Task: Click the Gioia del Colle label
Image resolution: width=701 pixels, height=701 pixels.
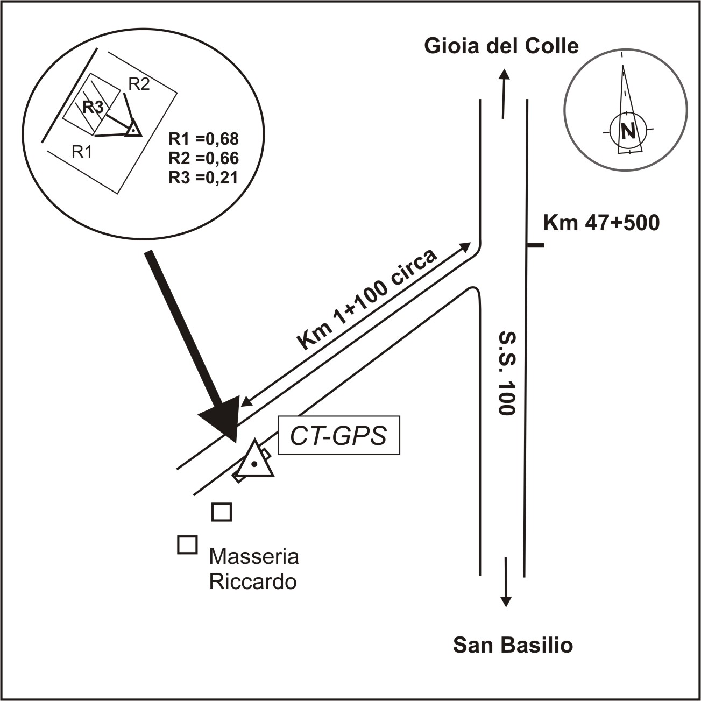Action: point(501,47)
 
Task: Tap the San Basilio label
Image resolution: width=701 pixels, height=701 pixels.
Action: point(513,645)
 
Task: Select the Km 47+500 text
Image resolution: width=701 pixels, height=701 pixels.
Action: point(601,223)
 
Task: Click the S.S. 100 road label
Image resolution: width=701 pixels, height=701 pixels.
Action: point(507,373)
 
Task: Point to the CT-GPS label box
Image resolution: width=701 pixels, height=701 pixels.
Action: point(339,435)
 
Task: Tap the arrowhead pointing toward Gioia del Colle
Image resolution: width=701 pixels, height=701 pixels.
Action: point(504,75)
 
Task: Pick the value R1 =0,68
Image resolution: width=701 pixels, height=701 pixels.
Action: point(203,139)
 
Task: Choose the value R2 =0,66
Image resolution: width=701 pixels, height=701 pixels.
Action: point(203,158)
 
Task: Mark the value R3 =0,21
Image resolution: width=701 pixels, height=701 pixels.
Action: point(203,178)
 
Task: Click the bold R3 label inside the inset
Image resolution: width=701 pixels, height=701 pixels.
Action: point(93,107)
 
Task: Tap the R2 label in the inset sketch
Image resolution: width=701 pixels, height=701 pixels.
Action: point(139,84)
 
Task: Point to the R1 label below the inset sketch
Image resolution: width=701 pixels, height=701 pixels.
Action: point(82,152)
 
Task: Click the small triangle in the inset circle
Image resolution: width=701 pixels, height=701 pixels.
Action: point(133,128)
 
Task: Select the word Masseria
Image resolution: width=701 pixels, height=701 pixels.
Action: point(254,557)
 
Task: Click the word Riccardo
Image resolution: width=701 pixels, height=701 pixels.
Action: point(253,582)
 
